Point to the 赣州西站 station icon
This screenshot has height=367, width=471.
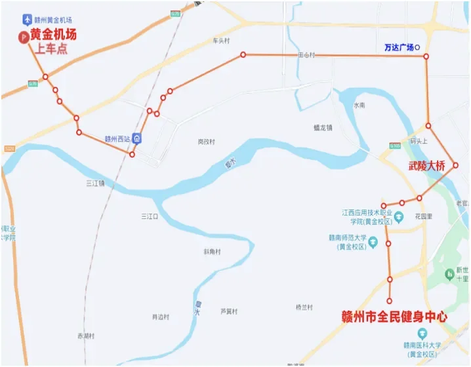coord(136,138)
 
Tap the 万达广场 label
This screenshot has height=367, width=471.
coord(399,48)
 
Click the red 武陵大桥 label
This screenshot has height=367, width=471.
coord(426,166)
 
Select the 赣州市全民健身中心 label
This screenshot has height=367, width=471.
coord(395,317)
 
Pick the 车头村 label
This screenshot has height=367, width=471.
coord(222,41)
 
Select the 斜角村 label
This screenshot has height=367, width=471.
coord(212,252)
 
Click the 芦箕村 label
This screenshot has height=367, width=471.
coord(228,311)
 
